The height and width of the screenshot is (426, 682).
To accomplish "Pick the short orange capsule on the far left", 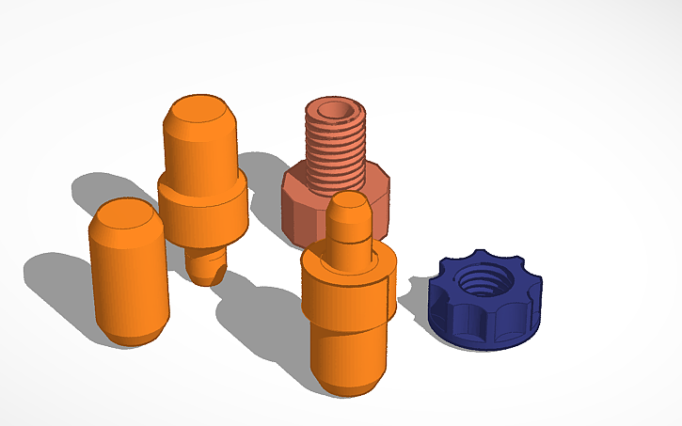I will pos(129,273).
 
